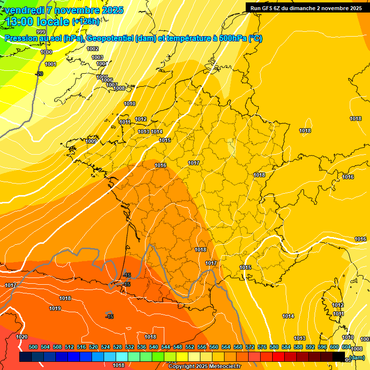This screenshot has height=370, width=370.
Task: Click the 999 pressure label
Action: [41, 45]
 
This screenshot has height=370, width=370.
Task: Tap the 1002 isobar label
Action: [92, 49]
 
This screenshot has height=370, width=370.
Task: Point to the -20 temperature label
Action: [39, 74]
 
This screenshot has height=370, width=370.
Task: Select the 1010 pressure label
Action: [130, 104]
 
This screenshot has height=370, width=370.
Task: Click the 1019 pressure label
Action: [55, 308]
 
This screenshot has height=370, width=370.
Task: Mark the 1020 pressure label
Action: [22, 337]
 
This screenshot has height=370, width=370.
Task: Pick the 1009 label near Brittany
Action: [91, 141]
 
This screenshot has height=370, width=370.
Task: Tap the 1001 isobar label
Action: [51, 64]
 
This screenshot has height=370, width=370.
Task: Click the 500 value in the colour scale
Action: [33, 347]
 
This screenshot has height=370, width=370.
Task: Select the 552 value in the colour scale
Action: [190, 347]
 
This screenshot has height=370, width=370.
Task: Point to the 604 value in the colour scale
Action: [346, 347]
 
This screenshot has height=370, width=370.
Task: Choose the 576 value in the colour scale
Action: [262, 347]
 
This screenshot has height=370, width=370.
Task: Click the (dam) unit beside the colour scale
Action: [357, 357]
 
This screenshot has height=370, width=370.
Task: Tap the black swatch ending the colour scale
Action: [339, 357]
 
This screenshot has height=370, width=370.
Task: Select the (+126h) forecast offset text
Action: [86, 21]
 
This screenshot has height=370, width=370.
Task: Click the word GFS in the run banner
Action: [268, 8]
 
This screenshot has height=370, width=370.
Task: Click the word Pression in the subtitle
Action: [21, 39]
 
